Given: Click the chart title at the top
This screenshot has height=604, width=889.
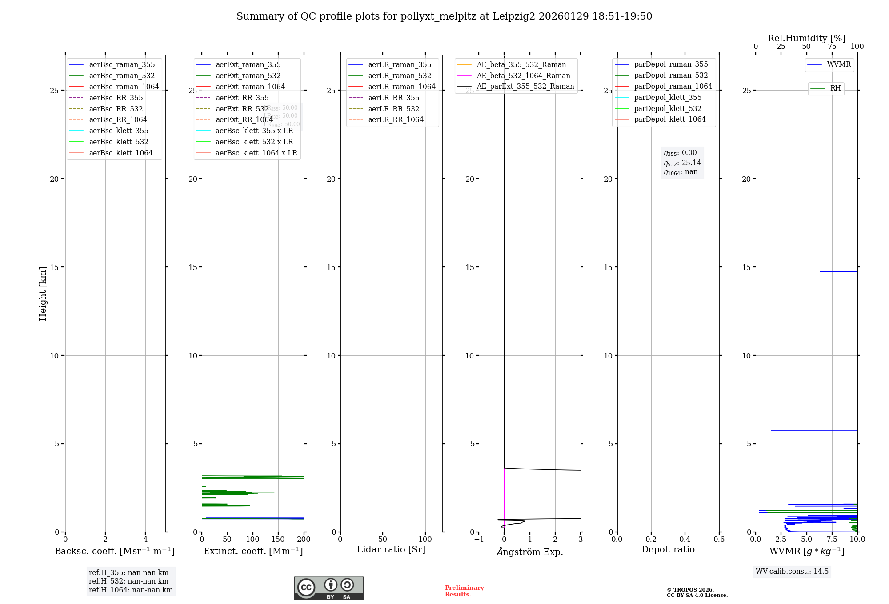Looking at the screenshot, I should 444,16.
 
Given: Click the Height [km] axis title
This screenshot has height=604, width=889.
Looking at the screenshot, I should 43,293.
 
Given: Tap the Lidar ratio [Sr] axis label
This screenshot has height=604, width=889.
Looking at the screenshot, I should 391,549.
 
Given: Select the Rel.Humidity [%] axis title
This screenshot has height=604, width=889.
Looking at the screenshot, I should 806,38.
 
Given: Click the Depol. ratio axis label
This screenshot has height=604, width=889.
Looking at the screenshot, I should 668,549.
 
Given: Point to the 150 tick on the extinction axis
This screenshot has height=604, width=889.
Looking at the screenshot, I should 278,539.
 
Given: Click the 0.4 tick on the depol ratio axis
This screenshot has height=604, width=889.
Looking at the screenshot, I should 685,539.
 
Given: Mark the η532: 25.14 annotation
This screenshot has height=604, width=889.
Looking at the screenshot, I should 682,163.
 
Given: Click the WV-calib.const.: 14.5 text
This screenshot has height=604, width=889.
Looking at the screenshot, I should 792,571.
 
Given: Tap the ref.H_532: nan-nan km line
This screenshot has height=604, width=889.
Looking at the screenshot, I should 128,581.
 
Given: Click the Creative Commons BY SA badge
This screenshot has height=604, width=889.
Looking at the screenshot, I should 328,588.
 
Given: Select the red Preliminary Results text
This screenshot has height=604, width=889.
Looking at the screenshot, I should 464,591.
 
